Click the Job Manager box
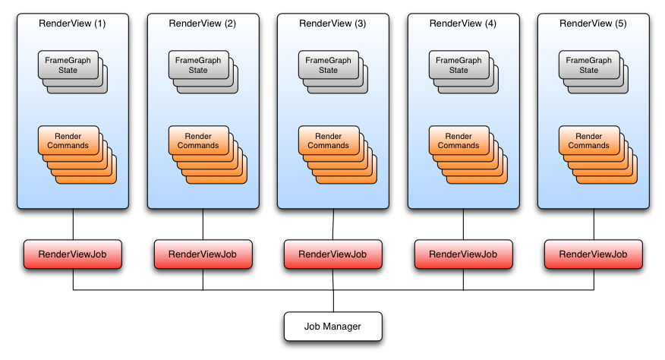(332, 327)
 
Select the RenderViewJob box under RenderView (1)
(72, 254)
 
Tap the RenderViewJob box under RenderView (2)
(203, 254)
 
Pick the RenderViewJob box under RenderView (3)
(332, 254)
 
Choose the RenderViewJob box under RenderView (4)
(463, 254)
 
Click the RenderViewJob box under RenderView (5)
(593, 254)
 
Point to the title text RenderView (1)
(72, 24)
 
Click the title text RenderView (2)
(203, 24)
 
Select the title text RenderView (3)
(332, 24)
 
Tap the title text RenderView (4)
(463, 24)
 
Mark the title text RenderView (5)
(593, 24)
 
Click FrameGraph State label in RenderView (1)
(68, 65)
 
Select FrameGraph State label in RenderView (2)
(198, 65)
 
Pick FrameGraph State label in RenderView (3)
(328, 65)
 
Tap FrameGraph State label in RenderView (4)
(459, 65)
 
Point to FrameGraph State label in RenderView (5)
(588, 65)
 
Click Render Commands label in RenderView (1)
(68, 141)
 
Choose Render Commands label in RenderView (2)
(198, 141)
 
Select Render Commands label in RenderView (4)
(459, 141)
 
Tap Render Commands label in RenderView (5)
(588, 141)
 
